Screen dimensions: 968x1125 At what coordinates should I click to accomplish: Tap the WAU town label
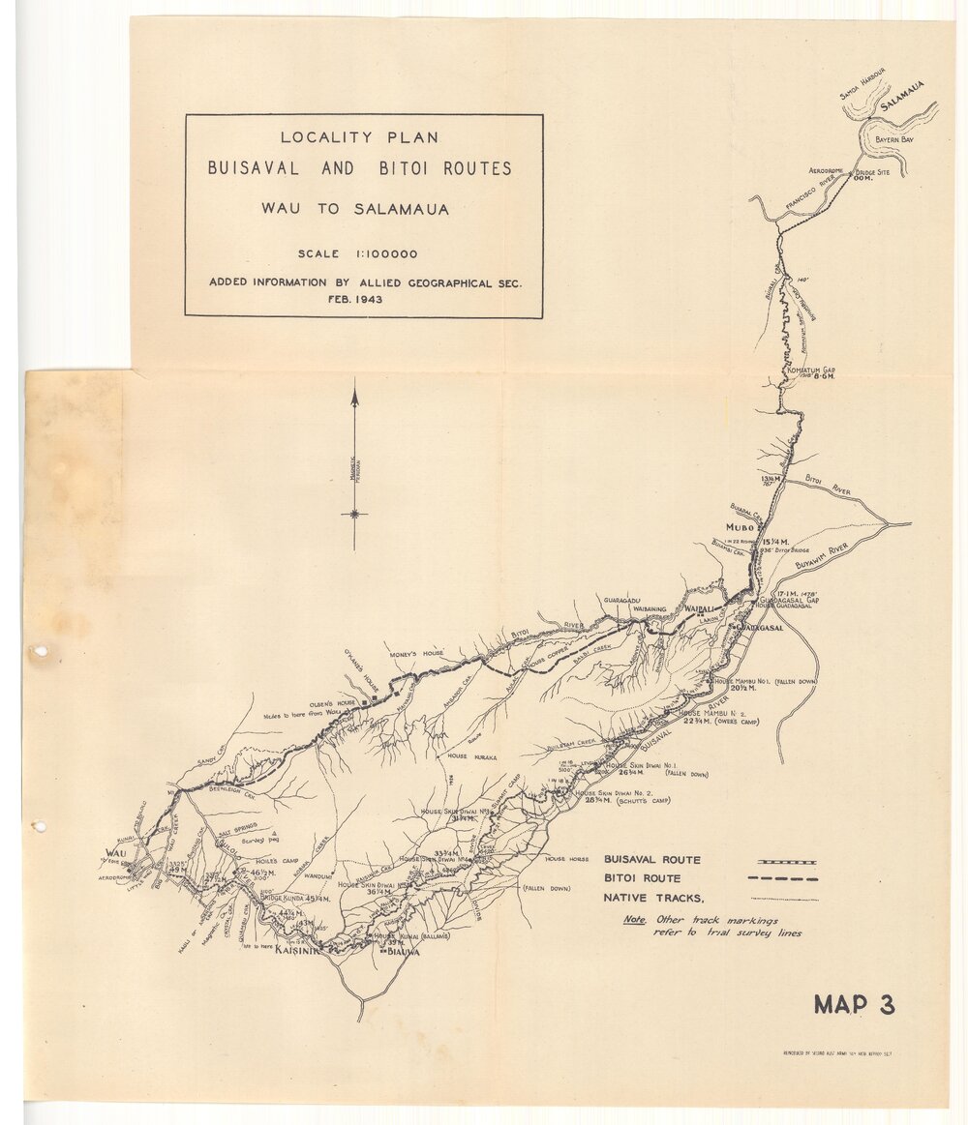[x=115, y=853]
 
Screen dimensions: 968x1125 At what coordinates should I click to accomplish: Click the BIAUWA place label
[x=403, y=952]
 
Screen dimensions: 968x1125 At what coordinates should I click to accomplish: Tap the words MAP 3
[x=854, y=1005]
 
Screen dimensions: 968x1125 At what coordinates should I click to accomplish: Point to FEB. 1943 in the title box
[x=357, y=300]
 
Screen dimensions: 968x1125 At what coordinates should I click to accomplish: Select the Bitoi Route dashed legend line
[x=782, y=879]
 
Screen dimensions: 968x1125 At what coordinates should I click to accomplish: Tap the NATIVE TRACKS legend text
[x=654, y=899]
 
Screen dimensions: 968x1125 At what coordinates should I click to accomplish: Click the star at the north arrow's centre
[x=355, y=514]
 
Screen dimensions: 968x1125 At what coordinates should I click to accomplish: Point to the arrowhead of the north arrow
[x=355, y=395]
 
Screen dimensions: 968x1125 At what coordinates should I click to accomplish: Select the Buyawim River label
[x=821, y=555]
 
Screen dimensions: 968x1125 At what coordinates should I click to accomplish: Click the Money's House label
[x=417, y=654]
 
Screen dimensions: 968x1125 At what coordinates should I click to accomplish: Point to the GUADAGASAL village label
[x=759, y=628]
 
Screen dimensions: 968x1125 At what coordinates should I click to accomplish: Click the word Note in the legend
[x=634, y=920]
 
